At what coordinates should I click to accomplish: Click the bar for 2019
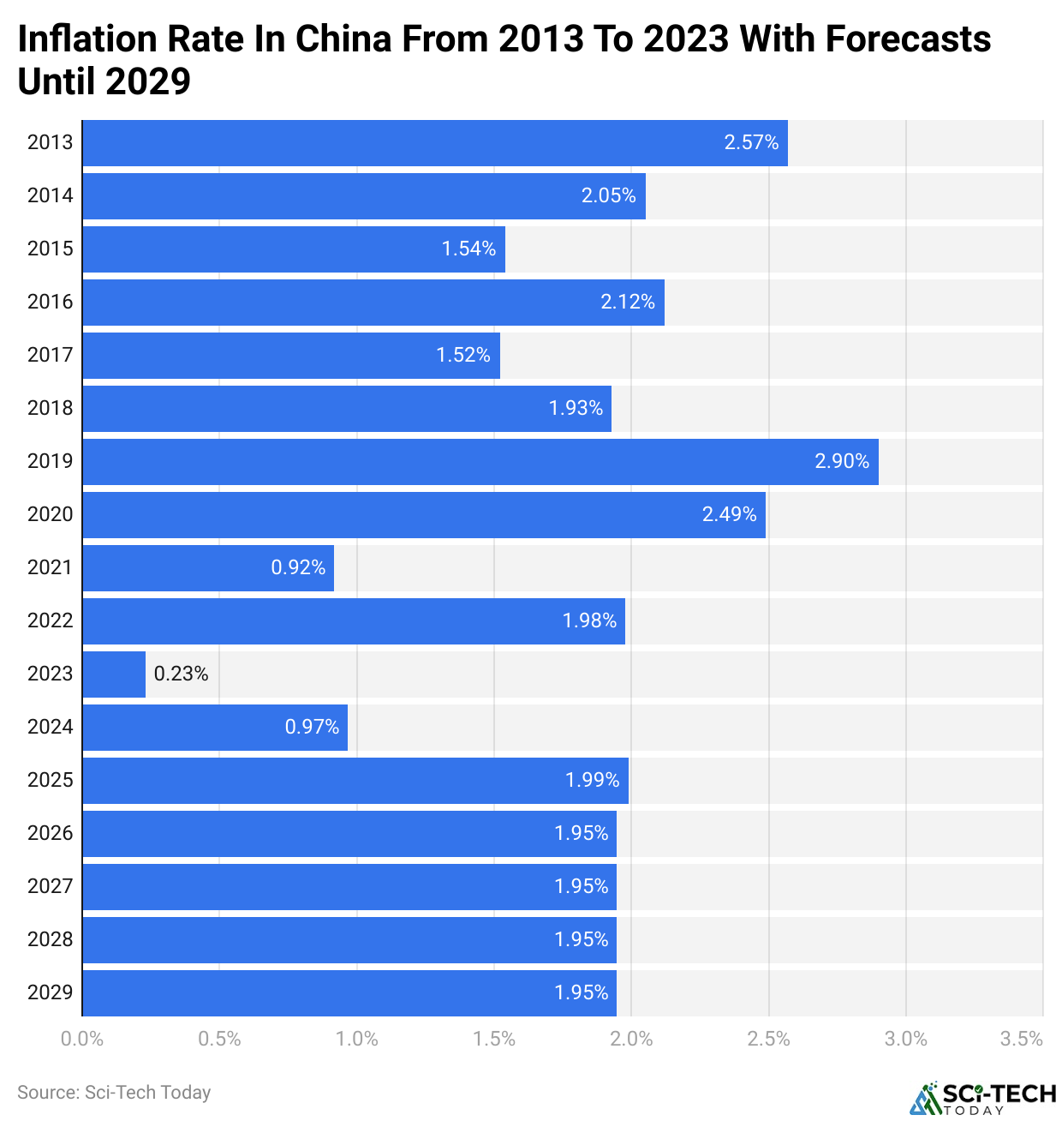[x=480, y=462]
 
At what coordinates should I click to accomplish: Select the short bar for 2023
[x=114, y=674]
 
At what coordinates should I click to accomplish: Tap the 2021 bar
[x=208, y=568]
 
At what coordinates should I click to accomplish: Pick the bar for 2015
[x=294, y=249]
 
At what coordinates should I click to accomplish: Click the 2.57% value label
[x=751, y=143]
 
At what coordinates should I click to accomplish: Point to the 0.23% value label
[x=181, y=674]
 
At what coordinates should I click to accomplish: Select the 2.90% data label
[x=842, y=462]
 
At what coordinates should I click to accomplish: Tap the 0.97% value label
[x=312, y=728]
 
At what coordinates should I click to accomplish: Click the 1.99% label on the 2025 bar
[x=592, y=781]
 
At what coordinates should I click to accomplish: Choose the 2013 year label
[x=51, y=143]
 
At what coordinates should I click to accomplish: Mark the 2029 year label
[x=51, y=993]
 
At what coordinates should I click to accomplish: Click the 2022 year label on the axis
[x=51, y=621]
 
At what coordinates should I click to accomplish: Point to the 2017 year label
[x=51, y=356]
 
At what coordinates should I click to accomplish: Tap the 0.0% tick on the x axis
[x=82, y=1040]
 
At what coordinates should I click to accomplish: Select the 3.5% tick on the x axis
[x=1022, y=1040]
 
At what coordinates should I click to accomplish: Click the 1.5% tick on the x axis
[x=494, y=1040]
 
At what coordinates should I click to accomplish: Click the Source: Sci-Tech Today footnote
[x=114, y=1093]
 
